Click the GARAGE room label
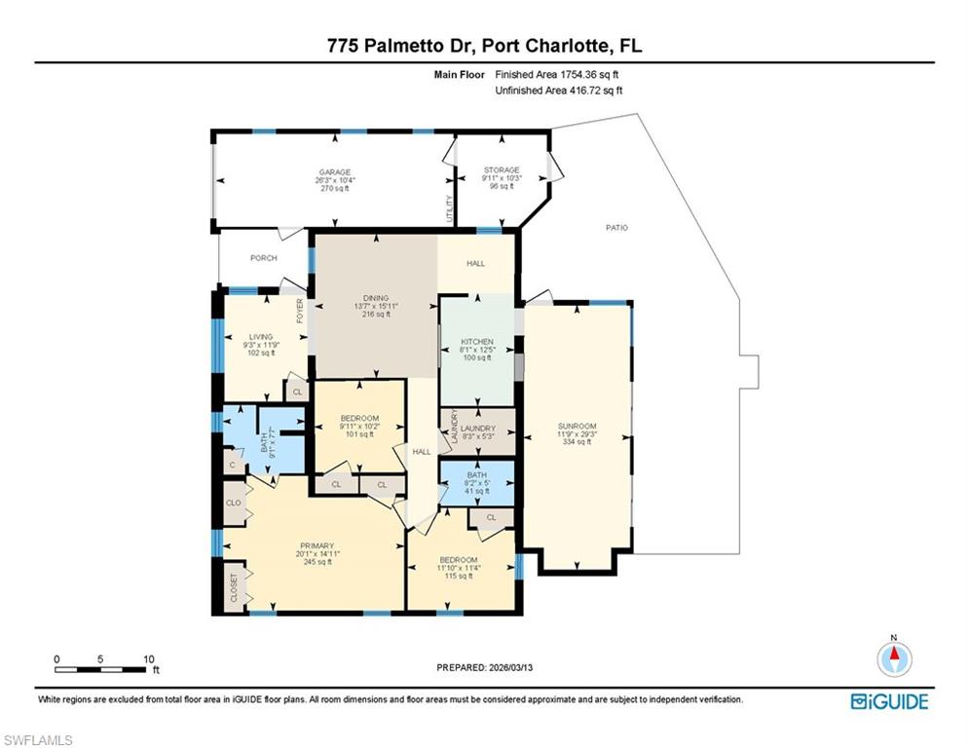pos(332,172)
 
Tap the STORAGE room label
pos(502,170)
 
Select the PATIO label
pos(616,228)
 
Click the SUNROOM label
pos(577,427)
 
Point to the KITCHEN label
pos(477,343)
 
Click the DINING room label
pos(376,298)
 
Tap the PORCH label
pos(263,258)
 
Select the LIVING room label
pos(260,337)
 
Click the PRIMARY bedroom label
pos(317,545)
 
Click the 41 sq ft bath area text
pos(476,490)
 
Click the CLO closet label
pos(234,503)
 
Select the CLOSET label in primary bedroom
pos(234,587)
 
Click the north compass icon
pos(894,657)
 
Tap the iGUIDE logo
pos(889,701)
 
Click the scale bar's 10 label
pos(147,659)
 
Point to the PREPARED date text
pos(485,667)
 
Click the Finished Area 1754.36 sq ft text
pos(558,74)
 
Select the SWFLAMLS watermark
pos(38,740)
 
